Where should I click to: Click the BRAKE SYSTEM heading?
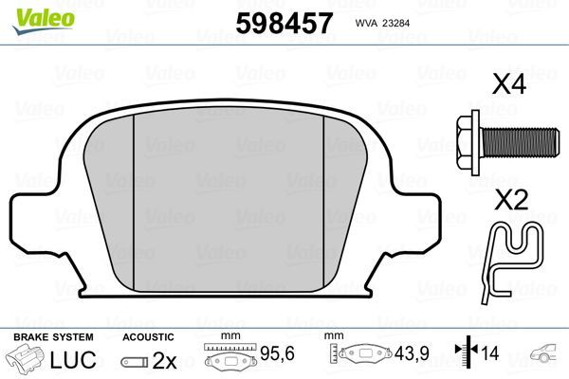pyautogui.click(x=52, y=337)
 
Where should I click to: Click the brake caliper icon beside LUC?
pyautogui.click(x=28, y=360)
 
